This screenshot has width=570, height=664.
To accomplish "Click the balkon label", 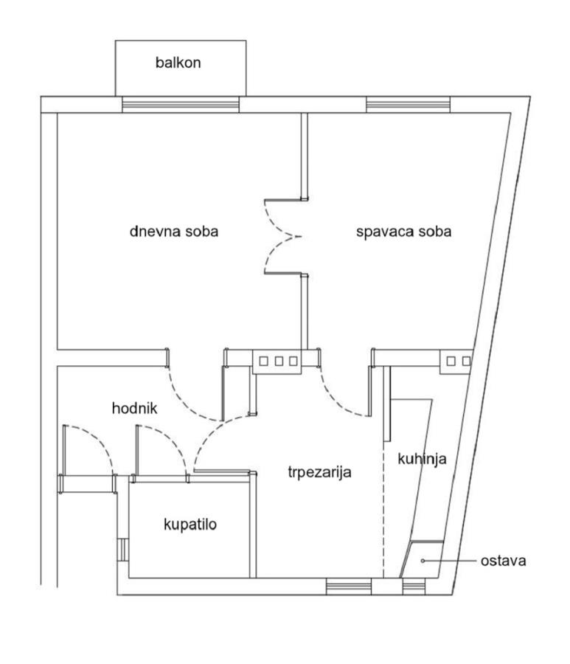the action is [178, 63].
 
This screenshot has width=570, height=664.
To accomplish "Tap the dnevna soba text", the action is [174, 231].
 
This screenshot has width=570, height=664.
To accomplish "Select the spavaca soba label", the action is [403, 232].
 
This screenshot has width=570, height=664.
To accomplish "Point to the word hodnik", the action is [134, 408].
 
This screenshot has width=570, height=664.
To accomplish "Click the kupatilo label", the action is [190, 525].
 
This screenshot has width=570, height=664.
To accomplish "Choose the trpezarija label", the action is [319, 471].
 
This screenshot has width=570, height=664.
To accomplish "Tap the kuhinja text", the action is [422, 459].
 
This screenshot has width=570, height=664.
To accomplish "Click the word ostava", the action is [503, 561].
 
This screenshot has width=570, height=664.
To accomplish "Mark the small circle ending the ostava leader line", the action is [423, 561].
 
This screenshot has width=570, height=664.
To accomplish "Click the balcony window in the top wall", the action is [181, 105].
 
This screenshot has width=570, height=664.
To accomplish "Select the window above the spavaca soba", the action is [408, 105].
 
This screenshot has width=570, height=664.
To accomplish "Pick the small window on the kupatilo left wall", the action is [122, 549].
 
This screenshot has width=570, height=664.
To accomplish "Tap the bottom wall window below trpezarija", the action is [349, 587].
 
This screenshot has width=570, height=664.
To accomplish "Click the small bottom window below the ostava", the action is [414, 587].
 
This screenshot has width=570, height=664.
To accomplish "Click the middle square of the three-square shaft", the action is [279, 362].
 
